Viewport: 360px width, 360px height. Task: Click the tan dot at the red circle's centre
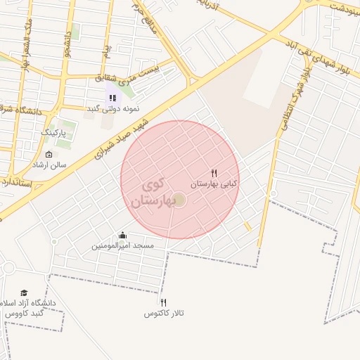point(179,201)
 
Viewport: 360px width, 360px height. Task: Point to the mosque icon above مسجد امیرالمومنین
point(123,236)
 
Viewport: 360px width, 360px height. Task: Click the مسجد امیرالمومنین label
point(127,247)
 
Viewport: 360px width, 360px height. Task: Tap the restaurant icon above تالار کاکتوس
point(164,302)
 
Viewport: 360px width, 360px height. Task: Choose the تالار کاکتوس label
point(164,313)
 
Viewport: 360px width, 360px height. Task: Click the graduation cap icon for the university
point(24,292)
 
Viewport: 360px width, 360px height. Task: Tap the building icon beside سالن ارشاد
point(49,155)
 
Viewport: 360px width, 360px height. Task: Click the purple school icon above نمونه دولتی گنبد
point(112,98)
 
